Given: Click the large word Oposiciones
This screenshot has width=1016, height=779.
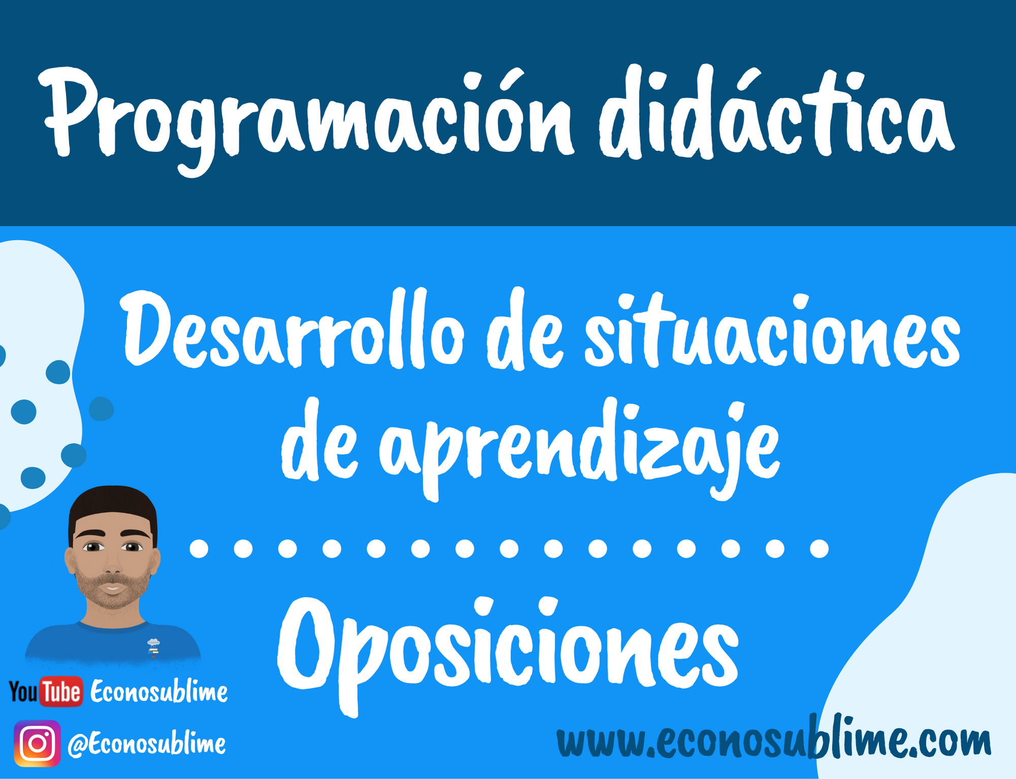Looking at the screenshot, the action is pyautogui.click(x=508, y=653).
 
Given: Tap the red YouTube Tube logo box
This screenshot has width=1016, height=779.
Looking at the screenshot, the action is pyautogui.click(x=61, y=692).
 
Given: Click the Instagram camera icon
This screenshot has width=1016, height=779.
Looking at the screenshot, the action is pyautogui.click(x=37, y=743).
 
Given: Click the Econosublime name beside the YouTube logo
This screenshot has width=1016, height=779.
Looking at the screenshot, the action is pyautogui.click(x=159, y=692).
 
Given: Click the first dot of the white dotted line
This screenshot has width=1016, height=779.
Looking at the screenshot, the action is pyautogui.click(x=199, y=549).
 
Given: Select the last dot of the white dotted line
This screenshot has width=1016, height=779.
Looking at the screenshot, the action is pyautogui.click(x=819, y=549).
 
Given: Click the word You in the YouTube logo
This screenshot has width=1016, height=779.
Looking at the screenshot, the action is pyautogui.click(x=23, y=692).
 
